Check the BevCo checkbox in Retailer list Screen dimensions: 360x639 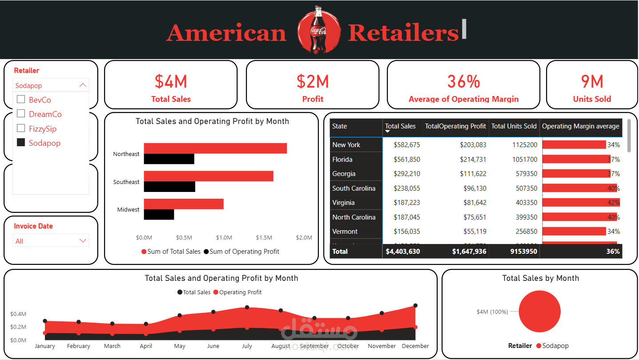(x=20, y=99)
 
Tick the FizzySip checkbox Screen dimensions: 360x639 (x=20, y=128)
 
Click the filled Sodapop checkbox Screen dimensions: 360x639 (x=20, y=143)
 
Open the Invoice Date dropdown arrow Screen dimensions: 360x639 (x=82, y=241)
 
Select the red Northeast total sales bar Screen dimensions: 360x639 (x=215, y=148)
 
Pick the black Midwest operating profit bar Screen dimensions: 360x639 (x=159, y=215)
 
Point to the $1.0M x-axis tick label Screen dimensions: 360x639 (x=224, y=238)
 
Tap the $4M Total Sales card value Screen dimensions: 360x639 (x=171, y=82)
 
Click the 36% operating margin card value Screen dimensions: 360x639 (x=463, y=82)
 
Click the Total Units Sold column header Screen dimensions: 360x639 (x=514, y=126)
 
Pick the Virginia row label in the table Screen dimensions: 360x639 (x=343, y=203)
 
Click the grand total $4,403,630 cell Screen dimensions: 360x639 (x=402, y=252)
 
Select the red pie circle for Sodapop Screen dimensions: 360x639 (x=540, y=312)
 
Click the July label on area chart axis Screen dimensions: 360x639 (x=247, y=346)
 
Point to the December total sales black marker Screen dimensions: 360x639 (x=415, y=306)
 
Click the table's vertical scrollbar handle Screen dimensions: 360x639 (x=629, y=136)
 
